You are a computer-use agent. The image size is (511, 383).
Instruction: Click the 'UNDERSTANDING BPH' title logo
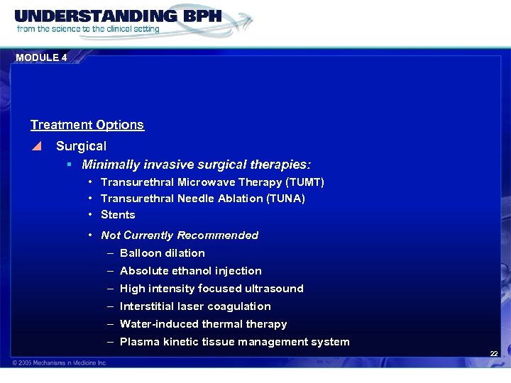[118, 16]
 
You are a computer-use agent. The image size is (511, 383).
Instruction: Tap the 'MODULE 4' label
[40, 57]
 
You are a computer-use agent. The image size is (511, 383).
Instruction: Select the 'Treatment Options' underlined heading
[87, 125]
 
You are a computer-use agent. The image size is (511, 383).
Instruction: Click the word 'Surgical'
[81, 146]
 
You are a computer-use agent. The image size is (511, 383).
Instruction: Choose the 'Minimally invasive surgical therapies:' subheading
[196, 165]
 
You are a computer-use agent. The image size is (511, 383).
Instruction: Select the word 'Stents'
[118, 215]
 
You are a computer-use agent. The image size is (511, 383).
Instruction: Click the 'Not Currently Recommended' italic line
[180, 235]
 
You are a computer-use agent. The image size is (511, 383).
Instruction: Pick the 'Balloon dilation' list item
[163, 253]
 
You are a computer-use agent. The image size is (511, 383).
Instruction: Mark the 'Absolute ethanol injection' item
[191, 271]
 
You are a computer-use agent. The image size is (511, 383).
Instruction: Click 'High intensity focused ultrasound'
[211, 289]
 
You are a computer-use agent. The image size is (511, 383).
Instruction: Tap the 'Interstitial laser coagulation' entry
[195, 306]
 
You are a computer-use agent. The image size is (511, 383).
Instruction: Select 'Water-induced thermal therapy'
[204, 324]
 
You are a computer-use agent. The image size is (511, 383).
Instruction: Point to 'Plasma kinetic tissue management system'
[235, 342]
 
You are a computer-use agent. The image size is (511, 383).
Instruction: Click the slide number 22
[493, 354]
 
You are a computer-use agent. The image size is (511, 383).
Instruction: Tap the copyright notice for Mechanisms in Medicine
[59, 362]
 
